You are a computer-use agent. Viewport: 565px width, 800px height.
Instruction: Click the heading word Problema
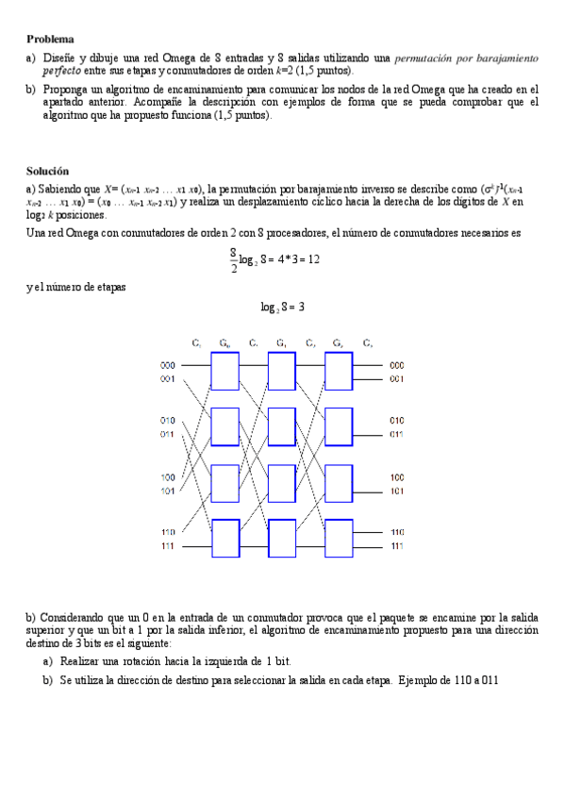pos(50,39)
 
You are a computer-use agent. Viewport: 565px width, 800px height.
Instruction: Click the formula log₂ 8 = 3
pos(282,307)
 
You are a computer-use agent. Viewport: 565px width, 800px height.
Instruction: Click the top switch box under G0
pos(224,371)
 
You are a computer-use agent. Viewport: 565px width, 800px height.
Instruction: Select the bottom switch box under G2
pos(339,539)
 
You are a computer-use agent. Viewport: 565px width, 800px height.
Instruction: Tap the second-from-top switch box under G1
pos(281,426)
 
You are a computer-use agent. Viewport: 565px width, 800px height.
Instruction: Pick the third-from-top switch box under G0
pos(224,483)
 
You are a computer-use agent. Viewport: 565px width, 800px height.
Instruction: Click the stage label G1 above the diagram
pos(281,342)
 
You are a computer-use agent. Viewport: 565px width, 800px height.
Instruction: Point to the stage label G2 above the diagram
pos(338,342)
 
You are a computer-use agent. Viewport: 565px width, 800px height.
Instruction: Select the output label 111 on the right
pos(397,546)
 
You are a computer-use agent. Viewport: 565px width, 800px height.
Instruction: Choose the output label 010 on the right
pos(397,420)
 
